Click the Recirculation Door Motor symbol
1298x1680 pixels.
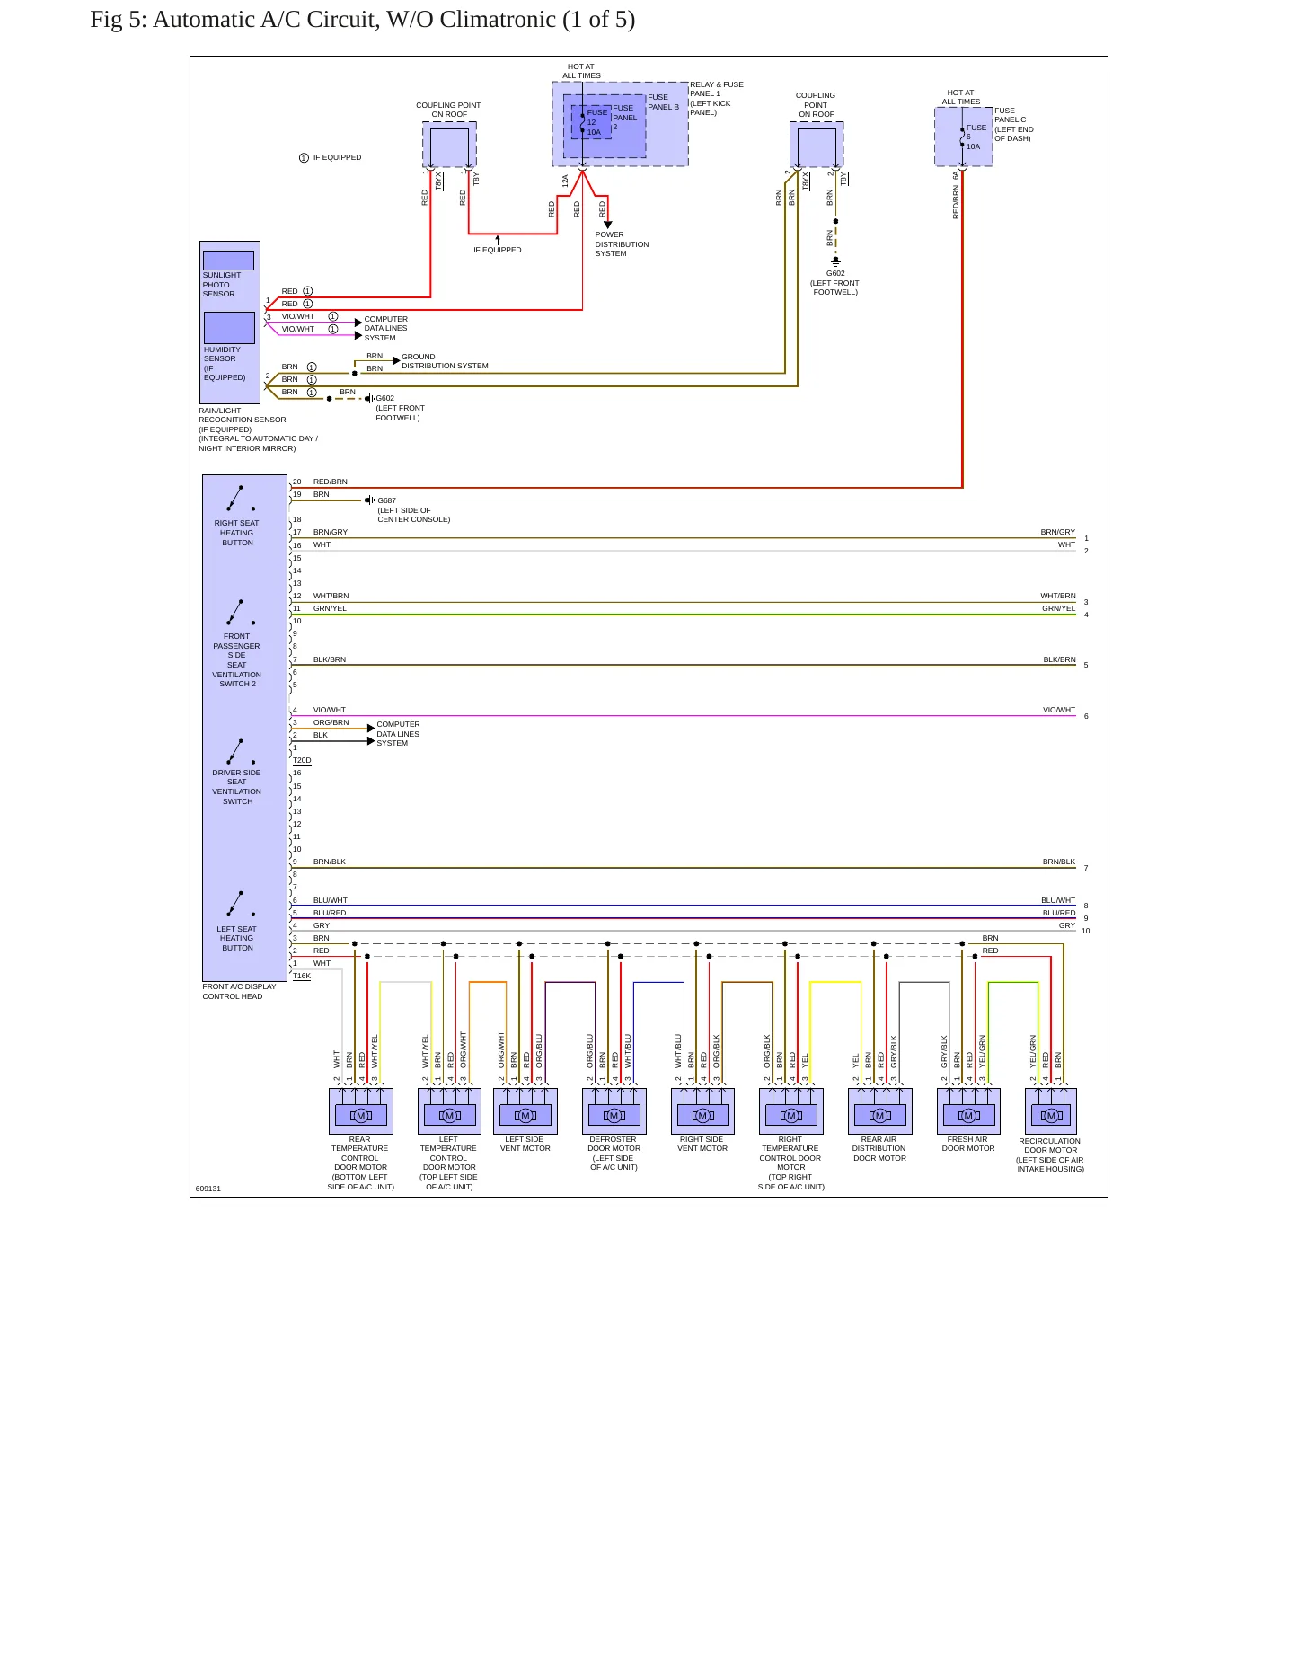tap(1050, 1111)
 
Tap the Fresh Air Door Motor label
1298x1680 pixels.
tap(967, 1144)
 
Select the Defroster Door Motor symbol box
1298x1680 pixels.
tap(614, 1111)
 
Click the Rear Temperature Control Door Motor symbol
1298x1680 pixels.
tap(361, 1111)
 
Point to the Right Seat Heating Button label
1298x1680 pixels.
tap(237, 533)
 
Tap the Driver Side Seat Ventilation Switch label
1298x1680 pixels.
tap(237, 787)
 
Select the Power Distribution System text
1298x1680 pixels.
tap(622, 244)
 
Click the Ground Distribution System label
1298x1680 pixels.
tap(445, 361)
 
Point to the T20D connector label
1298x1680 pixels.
tap(302, 760)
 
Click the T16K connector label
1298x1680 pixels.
tap(302, 976)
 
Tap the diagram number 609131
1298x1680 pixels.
tap(208, 1189)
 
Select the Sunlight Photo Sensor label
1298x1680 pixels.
tap(219, 285)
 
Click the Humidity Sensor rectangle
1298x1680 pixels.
tap(229, 327)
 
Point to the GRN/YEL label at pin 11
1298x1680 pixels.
tap(330, 608)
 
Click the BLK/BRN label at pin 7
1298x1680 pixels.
tap(330, 659)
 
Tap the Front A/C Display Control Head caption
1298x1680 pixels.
tap(239, 991)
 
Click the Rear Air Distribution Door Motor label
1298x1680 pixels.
tap(879, 1148)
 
